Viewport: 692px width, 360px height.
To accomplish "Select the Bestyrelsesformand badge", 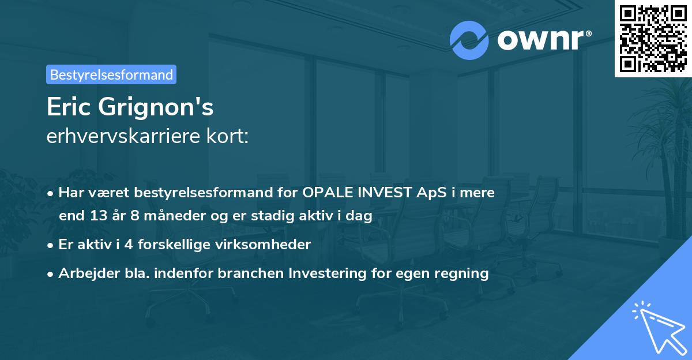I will click(111, 74).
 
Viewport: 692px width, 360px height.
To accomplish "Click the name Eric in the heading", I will click(68, 107).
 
